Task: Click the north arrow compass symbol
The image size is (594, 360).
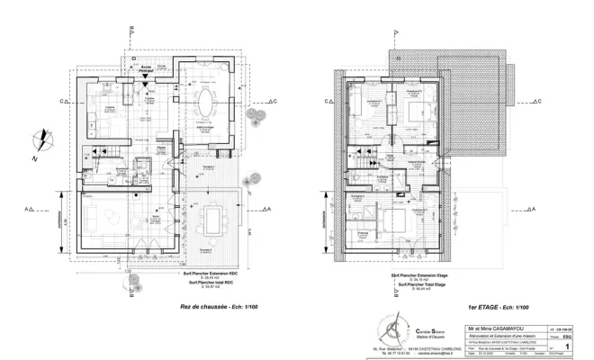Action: pos(40,143)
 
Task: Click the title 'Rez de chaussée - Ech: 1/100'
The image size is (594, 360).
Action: pos(213,308)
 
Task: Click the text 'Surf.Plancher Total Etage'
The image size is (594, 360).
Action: pos(422,282)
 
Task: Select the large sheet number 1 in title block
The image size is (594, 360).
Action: pos(567,343)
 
